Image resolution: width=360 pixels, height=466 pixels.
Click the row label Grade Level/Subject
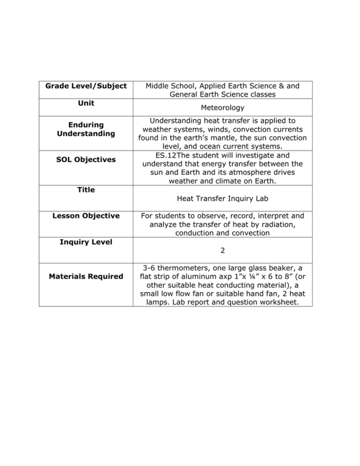86,86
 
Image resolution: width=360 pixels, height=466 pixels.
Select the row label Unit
86,103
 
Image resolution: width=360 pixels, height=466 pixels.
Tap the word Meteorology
223,108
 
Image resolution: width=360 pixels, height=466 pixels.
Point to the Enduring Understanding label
86,129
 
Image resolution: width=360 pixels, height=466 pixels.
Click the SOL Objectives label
86,159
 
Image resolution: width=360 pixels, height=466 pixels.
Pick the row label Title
86,190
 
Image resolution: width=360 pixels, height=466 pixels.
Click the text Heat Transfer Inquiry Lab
223,198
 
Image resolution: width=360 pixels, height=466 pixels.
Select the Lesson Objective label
86,216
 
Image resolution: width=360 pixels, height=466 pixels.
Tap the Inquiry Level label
86,242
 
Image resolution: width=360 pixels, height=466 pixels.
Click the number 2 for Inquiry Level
223,250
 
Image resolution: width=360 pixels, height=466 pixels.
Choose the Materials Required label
86,276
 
